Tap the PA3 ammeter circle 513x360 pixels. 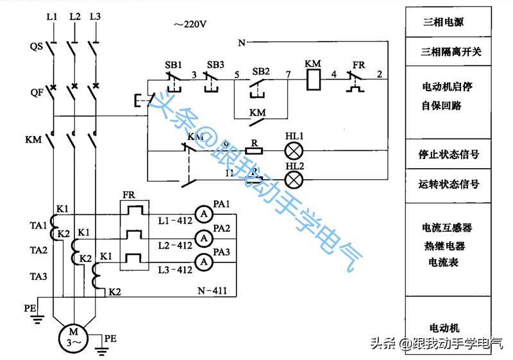click(203, 261)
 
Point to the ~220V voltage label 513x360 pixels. click(189, 24)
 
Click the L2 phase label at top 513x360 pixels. click(74, 15)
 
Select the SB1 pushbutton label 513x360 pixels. click(173, 65)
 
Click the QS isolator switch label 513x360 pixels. click(36, 47)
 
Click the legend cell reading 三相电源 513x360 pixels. click(443, 21)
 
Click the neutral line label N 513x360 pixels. click(241, 43)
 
